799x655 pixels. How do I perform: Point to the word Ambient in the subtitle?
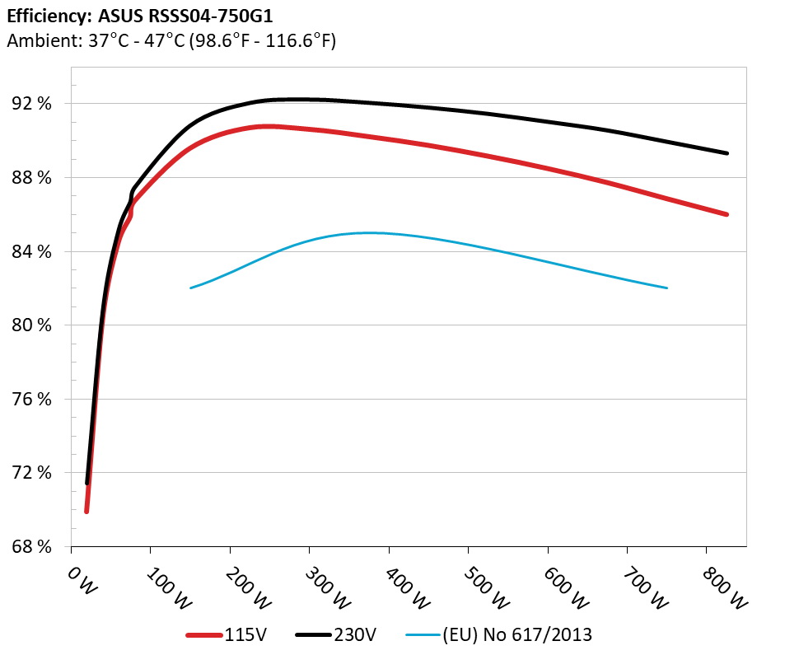tap(43, 40)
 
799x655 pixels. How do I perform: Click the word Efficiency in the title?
tap(43, 15)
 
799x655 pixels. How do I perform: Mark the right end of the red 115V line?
tap(727, 214)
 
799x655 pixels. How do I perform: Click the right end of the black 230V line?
tap(727, 153)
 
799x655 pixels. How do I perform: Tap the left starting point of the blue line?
tap(191, 288)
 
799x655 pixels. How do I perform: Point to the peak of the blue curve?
tap(367, 232)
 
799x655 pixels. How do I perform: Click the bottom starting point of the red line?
tap(86, 512)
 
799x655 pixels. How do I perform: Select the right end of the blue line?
tap(666, 288)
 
